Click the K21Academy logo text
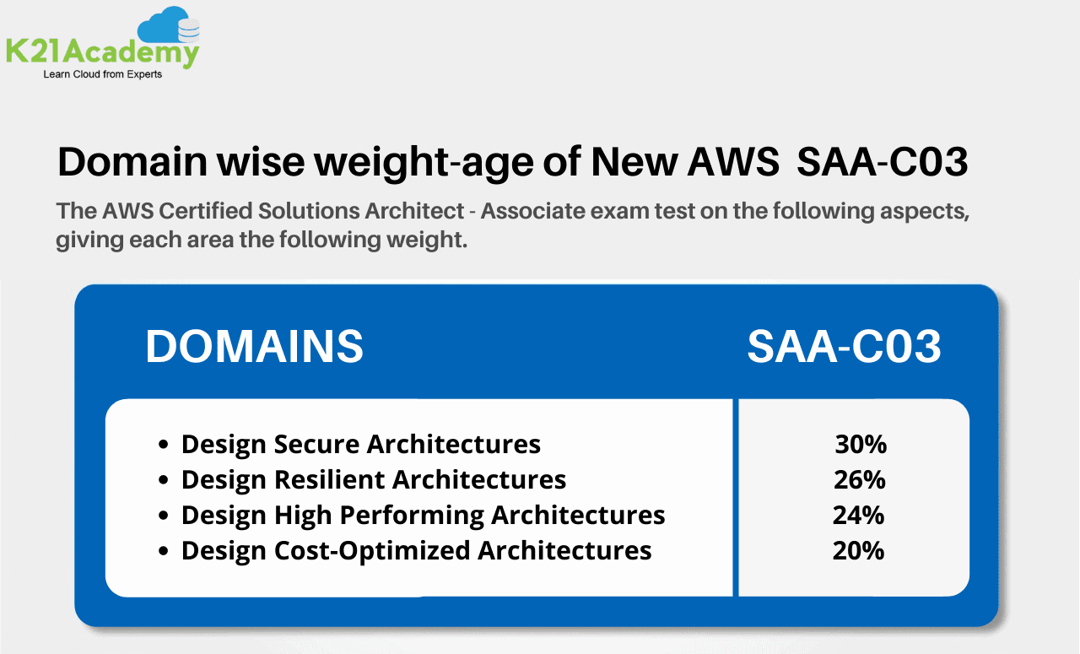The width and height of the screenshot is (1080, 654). pyautogui.click(x=102, y=52)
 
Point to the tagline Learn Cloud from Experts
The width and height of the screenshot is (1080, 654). pyautogui.click(x=102, y=74)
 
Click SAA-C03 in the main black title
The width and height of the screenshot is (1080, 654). pyautogui.click(x=882, y=162)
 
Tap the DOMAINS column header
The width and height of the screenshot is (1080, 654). pyautogui.click(x=255, y=346)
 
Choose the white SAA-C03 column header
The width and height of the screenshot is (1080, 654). pyautogui.click(x=844, y=346)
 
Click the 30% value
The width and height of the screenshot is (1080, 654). pyautogui.click(x=861, y=444)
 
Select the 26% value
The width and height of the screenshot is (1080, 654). pyautogui.click(x=860, y=479)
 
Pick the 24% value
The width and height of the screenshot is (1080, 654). pyautogui.click(x=860, y=515)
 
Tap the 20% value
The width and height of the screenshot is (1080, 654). pyautogui.click(x=858, y=550)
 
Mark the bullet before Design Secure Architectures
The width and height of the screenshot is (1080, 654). pyautogui.click(x=165, y=445)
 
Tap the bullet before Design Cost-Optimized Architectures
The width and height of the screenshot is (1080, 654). pyautogui.click(x=165, y=551)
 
